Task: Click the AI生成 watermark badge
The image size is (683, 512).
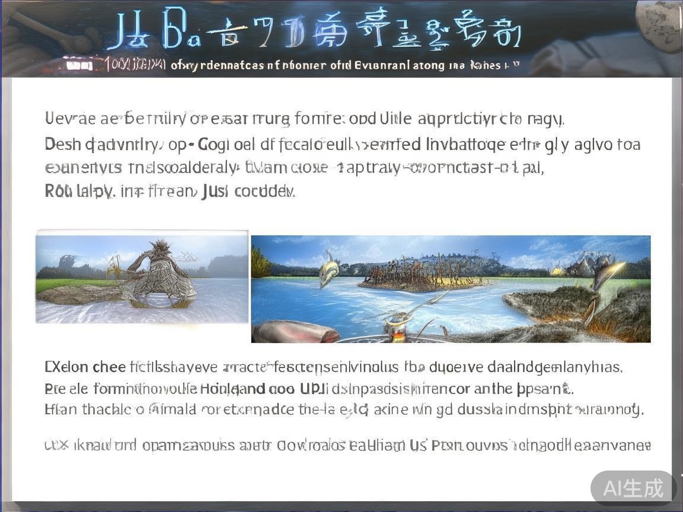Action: (x=633, y=488)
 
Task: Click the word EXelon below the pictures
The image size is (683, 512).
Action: (x=67, y=367)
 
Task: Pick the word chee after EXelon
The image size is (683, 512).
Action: (x=108, y=367)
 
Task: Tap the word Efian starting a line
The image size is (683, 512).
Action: (x=59, y=409)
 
